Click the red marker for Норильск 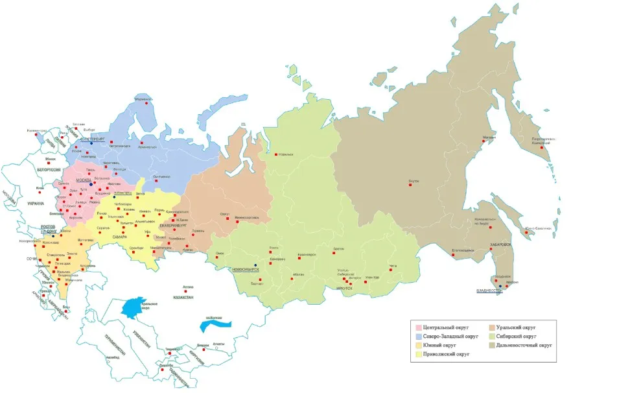(276, 154)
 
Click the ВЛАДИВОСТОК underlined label (489, 291)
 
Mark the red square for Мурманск (146, 103)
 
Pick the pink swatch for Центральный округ (418, 327)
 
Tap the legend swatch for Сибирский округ (492, 337)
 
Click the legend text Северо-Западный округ (450, 337)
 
